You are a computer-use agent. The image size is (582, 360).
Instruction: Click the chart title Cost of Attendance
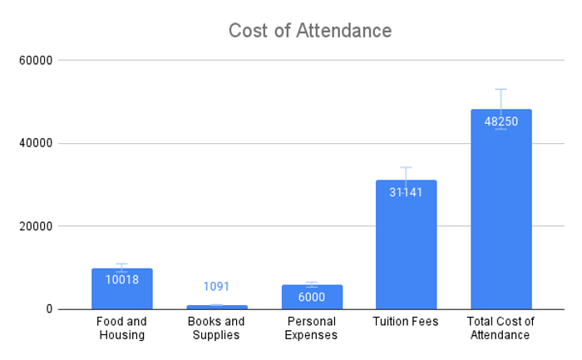(310, 31)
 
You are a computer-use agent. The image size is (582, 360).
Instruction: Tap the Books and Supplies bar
(216, 307)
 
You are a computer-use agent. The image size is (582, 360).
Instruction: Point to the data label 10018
(122, 279)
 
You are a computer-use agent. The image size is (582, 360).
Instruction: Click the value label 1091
(216, 287)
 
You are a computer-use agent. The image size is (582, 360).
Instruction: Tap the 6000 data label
(312, 297)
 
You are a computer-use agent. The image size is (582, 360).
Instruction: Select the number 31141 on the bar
(406, 192)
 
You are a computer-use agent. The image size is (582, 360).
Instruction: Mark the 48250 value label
(501, 121)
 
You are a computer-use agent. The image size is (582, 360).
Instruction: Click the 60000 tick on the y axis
(36, 61)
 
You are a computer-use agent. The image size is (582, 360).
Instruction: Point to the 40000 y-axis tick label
(36, 143)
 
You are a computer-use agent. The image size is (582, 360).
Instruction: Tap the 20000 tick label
(36, 226)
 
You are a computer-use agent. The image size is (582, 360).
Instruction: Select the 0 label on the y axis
(49, 309)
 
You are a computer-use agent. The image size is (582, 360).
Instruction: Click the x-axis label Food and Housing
(121, 328)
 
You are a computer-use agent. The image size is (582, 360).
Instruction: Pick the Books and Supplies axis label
(216, 328)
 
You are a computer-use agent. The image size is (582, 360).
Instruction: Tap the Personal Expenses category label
(312, 328)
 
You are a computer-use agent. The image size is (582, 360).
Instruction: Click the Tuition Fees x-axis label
(406, 322)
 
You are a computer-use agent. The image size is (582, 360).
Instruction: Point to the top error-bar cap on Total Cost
(501, 89)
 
